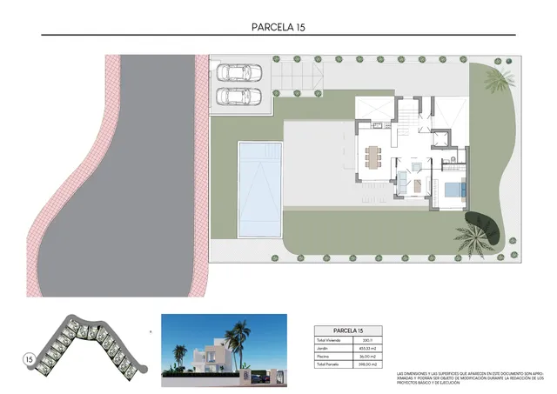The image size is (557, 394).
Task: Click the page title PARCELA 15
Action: (278, 26)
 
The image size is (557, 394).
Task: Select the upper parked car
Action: (233, 71)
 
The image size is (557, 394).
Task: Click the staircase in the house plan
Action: (406, 117)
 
